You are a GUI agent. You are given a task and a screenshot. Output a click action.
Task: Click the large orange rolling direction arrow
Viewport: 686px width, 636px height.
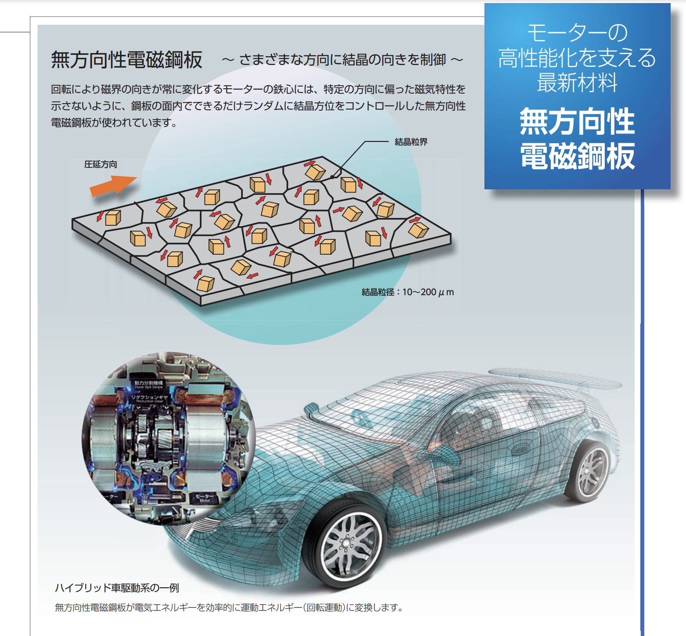coord(113,185)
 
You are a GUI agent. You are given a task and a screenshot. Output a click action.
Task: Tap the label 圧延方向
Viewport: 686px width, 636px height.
coord(101,164)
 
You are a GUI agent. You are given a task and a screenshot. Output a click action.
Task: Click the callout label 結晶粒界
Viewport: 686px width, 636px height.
coord(411,142)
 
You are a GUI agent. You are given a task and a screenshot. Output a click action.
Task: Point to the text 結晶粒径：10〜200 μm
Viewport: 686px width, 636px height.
coord(408,292)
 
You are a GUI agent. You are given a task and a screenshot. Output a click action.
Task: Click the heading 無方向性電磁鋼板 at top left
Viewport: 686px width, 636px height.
coord(126,60)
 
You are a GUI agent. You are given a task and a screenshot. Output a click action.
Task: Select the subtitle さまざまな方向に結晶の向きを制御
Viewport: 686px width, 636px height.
coord(343,60)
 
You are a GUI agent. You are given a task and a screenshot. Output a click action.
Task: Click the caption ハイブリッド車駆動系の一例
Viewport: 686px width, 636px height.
coord(117,588)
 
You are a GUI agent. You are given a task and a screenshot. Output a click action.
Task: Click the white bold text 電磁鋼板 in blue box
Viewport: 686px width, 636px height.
coord(577,156)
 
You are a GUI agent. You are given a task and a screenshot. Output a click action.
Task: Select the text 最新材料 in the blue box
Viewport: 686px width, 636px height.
coord(577,83)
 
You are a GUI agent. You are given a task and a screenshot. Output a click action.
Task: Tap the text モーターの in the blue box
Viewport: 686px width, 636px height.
coord(577,33)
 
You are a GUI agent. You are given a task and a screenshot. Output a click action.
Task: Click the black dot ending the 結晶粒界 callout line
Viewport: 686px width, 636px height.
coord(332,177)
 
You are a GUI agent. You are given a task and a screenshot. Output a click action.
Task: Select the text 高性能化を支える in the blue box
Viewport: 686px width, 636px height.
coord(577,58)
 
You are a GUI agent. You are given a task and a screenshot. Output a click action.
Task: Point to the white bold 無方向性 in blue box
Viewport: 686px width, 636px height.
coord(577,122)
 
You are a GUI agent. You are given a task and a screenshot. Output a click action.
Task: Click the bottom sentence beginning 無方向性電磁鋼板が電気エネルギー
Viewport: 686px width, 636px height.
coord(228,607)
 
